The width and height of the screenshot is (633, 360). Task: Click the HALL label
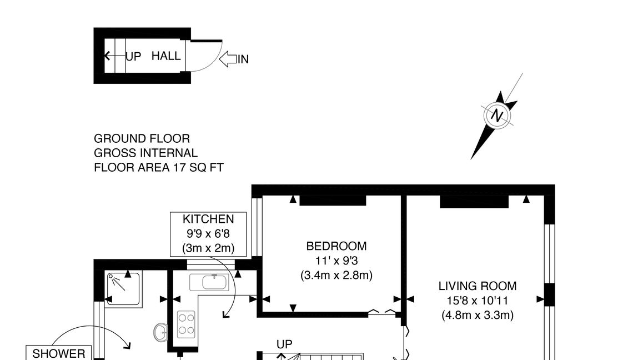pos(166,56)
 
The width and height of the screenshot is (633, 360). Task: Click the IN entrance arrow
pos(228,59)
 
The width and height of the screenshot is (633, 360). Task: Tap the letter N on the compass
pos(497,116)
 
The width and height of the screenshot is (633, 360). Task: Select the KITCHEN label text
pos(208,219)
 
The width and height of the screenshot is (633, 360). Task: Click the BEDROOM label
pos(336,246)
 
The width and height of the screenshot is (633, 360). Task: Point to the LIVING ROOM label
pos(478,286)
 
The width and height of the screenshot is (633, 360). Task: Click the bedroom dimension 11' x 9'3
pos(336,261)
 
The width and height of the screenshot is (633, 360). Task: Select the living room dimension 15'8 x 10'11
pos(478,301)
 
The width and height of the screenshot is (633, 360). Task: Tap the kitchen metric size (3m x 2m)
pos(208,248)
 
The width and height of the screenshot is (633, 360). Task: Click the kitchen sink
pos(209,282)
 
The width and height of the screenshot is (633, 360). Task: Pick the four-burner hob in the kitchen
pos(186,324)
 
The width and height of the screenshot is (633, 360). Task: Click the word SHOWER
pos(59,353)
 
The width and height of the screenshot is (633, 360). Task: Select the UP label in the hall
pos(133,57)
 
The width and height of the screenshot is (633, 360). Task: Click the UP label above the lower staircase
pos(284,344)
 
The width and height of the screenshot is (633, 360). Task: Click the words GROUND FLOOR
pos(142,138)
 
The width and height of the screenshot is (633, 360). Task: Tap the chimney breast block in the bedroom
pos(333,201)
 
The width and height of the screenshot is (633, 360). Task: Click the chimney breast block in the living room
pos(474,202)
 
